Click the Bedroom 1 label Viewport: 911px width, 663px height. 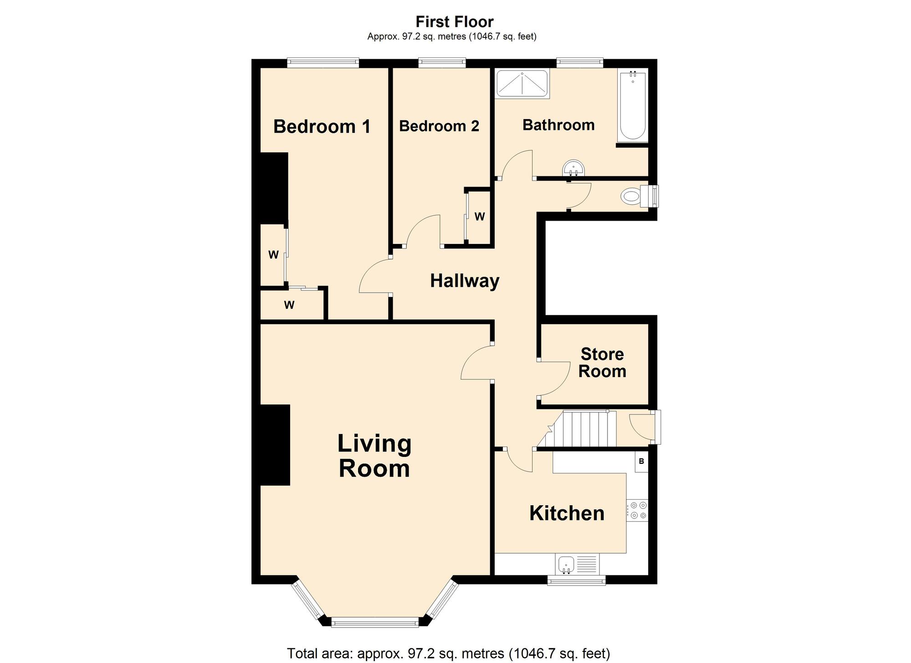tap(322, 126)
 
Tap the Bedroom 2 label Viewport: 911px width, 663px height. tap(439, 126)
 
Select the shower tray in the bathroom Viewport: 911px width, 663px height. tap(522, 83)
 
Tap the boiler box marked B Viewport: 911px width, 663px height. tap(641, 461)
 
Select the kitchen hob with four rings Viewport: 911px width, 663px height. tap(637, 510)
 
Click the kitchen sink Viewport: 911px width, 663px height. tap(567, 565)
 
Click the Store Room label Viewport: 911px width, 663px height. tap(602, 363)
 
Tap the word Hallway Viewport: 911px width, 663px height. tap(465, 281)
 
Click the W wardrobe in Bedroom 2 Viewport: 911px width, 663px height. tap(479, 217)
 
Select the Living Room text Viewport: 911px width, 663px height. tap(374, 456)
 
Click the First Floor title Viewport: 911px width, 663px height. tap(454, 21)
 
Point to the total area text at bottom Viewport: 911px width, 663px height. tap(448, 653)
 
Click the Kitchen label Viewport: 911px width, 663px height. tap(567, 513)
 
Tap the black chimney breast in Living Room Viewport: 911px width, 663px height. tap(275, 445)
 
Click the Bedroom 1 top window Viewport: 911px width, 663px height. tap(323, 63)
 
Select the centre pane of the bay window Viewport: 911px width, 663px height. tap(374, 622)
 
